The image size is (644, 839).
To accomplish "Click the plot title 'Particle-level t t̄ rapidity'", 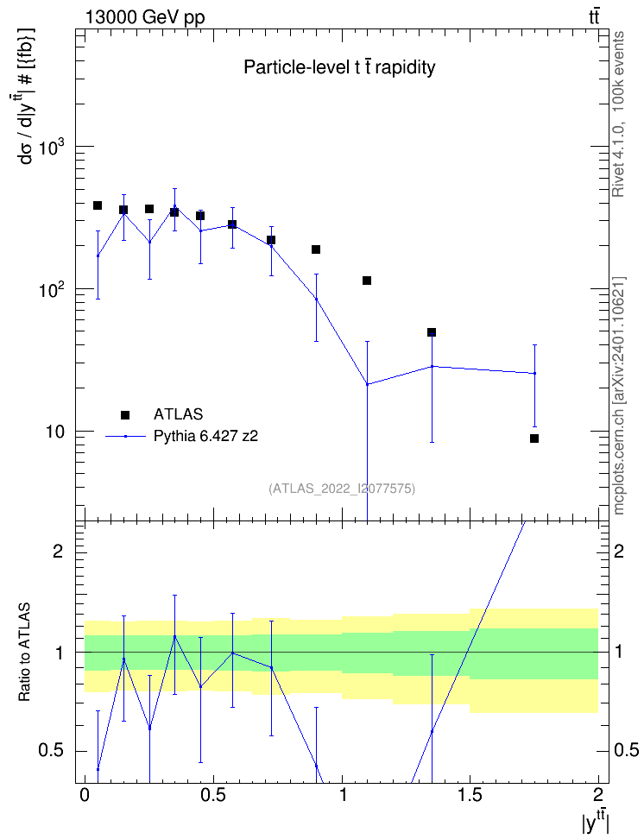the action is click(339, 67).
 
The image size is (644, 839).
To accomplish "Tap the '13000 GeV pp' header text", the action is click(144, 17).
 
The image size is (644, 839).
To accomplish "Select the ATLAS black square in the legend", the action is click(125, 414).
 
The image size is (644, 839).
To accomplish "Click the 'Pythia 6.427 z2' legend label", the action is click(205, 436).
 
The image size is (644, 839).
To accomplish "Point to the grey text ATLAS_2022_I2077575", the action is click(342, 488).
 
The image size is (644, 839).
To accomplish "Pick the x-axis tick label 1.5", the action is click(470, 794).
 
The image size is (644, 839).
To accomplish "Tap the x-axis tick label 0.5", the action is click(213, 794).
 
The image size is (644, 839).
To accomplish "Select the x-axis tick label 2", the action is click(597, 794).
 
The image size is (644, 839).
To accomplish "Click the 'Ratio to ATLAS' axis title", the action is click(24, 653).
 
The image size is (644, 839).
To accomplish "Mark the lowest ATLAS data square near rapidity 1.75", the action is click(534, 438).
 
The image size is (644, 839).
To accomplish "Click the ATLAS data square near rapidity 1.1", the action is click(367, 281).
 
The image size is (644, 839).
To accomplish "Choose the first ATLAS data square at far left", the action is click(98, 205).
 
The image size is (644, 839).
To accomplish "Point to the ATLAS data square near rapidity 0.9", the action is click(316, 249).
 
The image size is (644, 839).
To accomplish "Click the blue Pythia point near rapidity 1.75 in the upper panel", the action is click(534, 373).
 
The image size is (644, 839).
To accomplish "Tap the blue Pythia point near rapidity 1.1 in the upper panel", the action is click(367, 384).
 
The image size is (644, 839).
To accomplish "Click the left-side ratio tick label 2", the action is click(58, 551).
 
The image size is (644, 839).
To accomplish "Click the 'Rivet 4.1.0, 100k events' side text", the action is click(618, 114).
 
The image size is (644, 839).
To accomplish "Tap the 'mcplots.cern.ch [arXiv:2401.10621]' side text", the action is click(618, 396).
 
